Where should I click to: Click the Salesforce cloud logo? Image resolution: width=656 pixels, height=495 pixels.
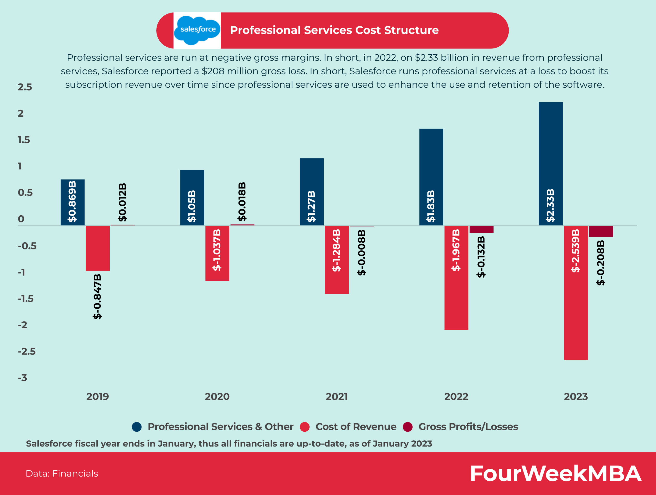click(x=197, y=30)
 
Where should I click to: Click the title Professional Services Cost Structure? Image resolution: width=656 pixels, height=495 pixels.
click(x=334, y=30)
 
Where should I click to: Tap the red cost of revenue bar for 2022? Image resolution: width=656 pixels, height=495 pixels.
click(x=456, y=278)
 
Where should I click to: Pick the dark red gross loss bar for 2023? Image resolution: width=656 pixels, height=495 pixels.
click(x=601, y=231)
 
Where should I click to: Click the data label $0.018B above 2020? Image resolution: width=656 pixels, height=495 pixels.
click(x=242, y=201)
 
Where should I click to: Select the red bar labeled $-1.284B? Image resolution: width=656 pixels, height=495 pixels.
click(x=337, y=259)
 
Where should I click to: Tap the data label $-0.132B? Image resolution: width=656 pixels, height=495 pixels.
click(x=481, y=257)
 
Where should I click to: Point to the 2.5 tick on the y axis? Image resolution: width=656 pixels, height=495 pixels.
click(x=25, y=87)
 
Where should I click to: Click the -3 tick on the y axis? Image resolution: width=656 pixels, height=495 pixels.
click(x=23, y=378)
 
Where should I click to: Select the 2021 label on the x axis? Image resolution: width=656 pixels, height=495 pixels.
click(x=337, y=397)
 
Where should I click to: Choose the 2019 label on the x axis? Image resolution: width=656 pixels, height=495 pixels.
click(x=98, y=397)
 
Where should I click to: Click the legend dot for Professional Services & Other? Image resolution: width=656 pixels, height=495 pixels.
click(x=137, y=427)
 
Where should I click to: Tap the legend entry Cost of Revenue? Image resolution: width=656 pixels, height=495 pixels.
click(x=356, y=427)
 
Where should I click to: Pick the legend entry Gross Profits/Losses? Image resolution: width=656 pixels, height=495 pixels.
click(x=468, y=427)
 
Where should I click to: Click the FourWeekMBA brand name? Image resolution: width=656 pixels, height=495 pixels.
click(x=556, y=473)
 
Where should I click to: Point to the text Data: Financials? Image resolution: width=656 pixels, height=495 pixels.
click(x=62, y=473)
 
